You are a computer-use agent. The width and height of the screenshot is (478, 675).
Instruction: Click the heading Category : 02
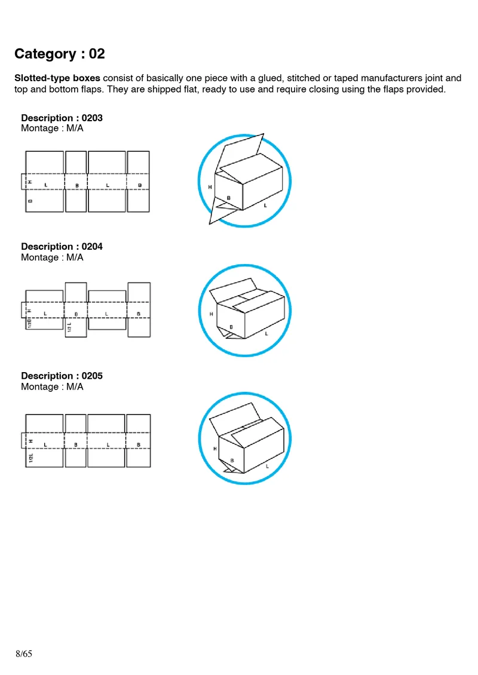60,54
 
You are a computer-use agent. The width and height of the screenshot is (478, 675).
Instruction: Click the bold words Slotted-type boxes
57,78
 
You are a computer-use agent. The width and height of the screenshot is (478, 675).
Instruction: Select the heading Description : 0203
62,118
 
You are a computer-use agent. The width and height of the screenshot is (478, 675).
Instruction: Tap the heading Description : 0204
62,246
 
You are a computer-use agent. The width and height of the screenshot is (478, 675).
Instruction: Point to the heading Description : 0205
62,376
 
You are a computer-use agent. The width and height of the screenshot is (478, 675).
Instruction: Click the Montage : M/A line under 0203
52,128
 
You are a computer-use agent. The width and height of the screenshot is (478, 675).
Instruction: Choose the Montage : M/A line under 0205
52,386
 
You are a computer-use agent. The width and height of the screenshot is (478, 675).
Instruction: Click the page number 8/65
23,653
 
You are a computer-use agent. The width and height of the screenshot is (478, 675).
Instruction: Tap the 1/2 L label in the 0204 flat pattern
70,327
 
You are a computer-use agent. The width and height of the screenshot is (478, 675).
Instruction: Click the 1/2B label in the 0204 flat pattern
29,323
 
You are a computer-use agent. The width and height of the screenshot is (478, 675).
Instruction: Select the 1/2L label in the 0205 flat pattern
30,458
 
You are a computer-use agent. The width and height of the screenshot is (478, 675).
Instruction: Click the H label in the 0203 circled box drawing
210,187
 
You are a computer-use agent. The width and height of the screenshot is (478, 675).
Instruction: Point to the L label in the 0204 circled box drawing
266,333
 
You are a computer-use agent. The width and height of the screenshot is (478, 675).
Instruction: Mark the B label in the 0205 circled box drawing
232,461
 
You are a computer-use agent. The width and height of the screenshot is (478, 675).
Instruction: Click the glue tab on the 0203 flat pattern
23,181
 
